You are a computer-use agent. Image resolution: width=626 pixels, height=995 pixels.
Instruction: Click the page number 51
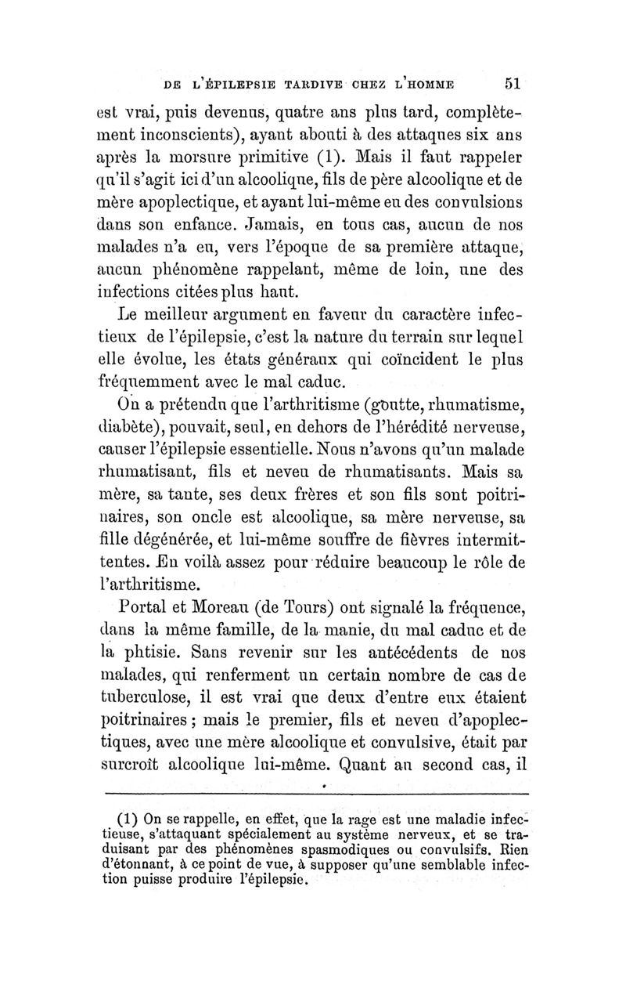coord(519,84)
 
